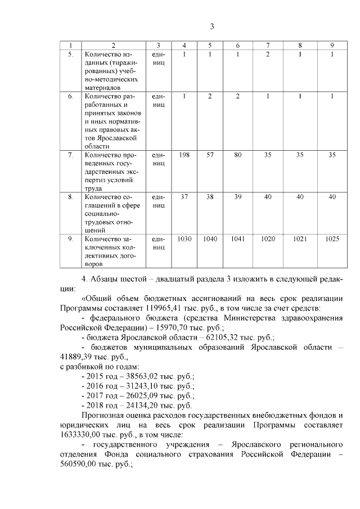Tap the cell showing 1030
(x=184, y=239)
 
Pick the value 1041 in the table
(x=238, y=239)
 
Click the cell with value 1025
(x=332, y=239)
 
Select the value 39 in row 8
(x=238, y=196)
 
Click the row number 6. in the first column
(x=71, y=96)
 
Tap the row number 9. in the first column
(x=71, y=239)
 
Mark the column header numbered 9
(x=332, y=45)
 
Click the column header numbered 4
(x=184, y=45)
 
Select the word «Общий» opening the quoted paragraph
(x=97, y=299)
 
